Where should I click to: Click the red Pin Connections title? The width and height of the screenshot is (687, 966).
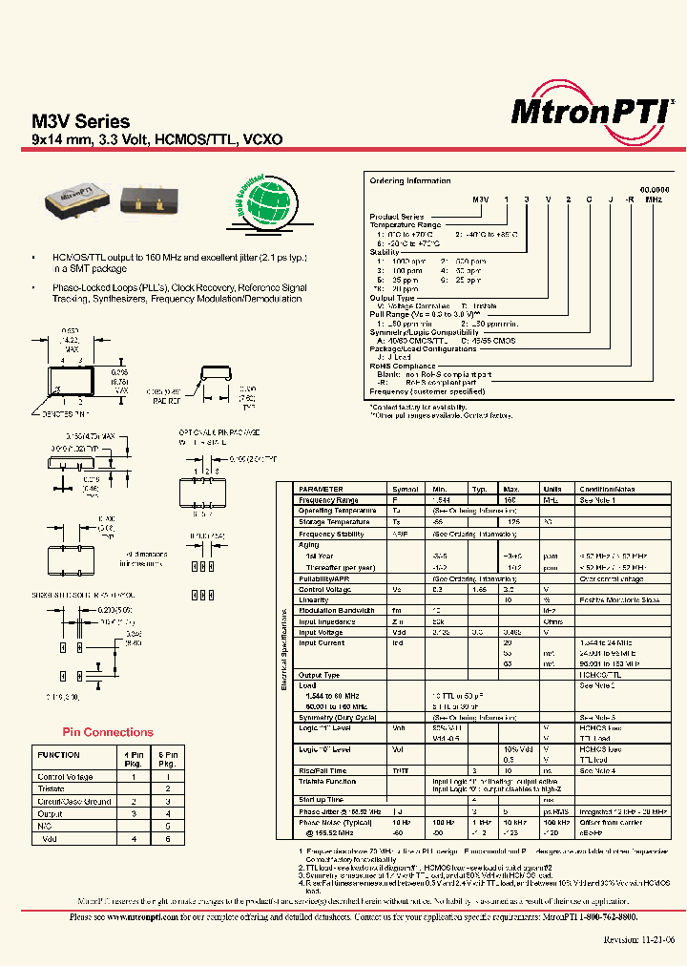[x=107, y=732]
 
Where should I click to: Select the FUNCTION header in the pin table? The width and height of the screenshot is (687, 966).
[x=58, y=754]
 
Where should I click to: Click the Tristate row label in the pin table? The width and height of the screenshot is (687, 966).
[x=51, y=789]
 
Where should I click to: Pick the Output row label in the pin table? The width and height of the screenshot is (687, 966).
[x=49, y=813]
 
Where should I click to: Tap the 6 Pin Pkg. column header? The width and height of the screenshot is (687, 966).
[x=167, y=759]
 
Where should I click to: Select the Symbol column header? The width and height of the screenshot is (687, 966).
[x=406, y=488]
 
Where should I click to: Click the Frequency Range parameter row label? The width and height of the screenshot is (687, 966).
[x=328, y=499]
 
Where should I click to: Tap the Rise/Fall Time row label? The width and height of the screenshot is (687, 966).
[x=323, y=769]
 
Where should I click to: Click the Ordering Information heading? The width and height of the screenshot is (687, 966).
[x=410, y=180]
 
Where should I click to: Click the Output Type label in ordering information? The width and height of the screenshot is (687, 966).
[x=392, y=298]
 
